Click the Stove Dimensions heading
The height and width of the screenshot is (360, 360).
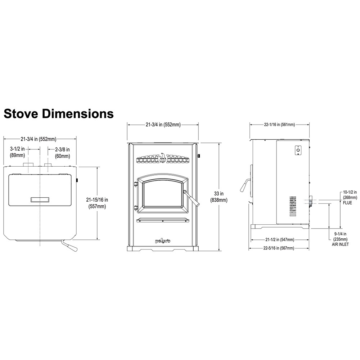click(x=59, y=113)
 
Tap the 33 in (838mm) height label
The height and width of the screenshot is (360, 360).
click(x=219, y=197)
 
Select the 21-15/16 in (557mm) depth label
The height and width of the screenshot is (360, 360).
click(x=97, y=203)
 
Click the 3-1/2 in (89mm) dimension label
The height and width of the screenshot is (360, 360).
click(x=17, y=152)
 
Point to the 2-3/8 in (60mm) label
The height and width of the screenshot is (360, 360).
click(x=62, y=153)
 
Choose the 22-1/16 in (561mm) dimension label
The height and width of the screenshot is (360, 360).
click(x=279, y=125)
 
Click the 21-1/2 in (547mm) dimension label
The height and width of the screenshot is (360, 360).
click(x=280, y=240)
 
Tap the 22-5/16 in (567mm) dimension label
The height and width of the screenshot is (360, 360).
click(x=279, y=248)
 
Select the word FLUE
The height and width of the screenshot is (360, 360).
click(x=347, y=203)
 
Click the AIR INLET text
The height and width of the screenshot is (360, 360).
click(x=340, y=244)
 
